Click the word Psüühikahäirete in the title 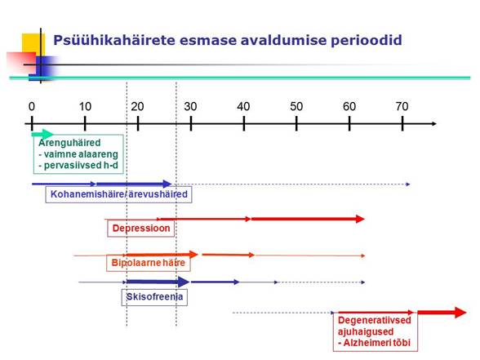tap(114, 40)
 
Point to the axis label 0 tap(32, 106)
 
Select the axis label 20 tap(137, 106)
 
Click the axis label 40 tap(243, 106)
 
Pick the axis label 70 tap(402, 106)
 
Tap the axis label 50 tap(296, 106)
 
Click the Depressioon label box tap(140, 229)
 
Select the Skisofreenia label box tap(154, 296)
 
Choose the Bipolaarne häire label tap(149, 263)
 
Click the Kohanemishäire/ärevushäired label tap(119, 194)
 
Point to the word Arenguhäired tap(69, 143)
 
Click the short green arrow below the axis tap(42, 134)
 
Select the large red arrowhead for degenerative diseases tap(460, 313)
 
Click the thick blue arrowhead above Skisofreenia tap(184, 282)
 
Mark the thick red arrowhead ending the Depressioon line tap(360, 219)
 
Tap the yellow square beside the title tap(33, 45)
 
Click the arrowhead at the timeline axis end tap(433, 124)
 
